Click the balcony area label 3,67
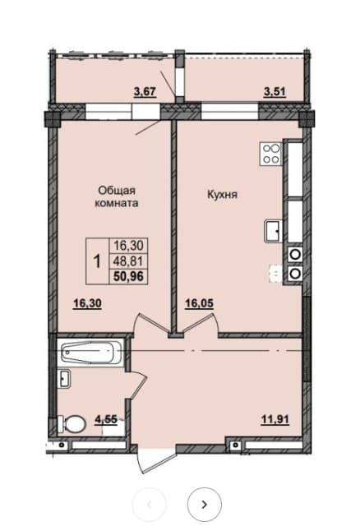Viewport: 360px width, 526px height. point(145,91)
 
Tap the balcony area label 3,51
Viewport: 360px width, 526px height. point(275,91)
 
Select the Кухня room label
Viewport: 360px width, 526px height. point(223,194)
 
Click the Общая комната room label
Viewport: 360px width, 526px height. point(117,196)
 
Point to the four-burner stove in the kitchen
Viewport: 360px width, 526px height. point(270,154)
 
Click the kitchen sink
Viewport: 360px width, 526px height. point(274,231)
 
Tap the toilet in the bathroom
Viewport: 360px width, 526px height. point(71,424)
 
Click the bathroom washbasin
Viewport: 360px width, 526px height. point(64,378)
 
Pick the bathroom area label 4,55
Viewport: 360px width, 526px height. point(106,420)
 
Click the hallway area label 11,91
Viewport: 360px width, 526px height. point(275,419)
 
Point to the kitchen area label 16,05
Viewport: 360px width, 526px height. point(199,303)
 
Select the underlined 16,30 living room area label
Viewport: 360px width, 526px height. point(87,303)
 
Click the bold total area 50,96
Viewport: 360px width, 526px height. point(128,276)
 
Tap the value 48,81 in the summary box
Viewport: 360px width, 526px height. point(128,261)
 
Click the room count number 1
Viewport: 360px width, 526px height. point(97,261)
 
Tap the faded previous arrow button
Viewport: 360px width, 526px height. point(150,504)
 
